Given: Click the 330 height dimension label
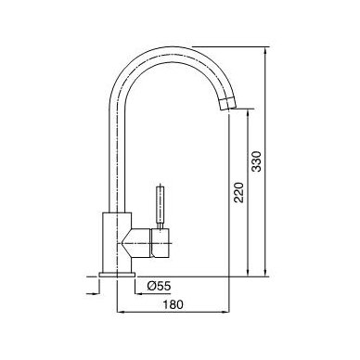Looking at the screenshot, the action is (257, 161).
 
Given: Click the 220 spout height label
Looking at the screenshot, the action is (238, 192).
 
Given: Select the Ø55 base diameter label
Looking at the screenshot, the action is (159, 287).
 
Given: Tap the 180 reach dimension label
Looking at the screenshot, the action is (174, 304).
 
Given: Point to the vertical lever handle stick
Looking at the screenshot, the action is (161, 206).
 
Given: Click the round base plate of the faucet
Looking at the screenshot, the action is (117, 275).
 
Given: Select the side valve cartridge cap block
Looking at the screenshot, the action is (161, 243).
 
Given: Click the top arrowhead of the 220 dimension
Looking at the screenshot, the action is (248, 113).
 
